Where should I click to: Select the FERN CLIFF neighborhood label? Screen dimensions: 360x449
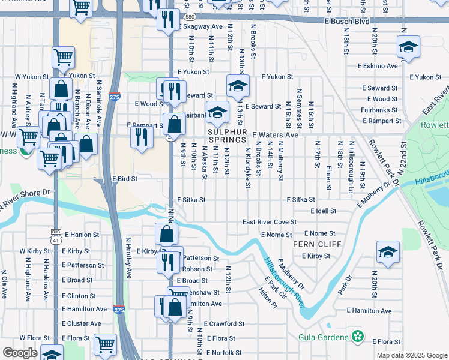point(317,244)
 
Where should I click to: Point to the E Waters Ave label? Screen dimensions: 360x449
point(275,135)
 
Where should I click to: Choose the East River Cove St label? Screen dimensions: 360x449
point(270,222)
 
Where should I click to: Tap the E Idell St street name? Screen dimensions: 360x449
point(324,211)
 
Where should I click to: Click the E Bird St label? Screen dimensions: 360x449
point(125,179)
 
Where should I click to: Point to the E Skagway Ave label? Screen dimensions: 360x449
point(203,27)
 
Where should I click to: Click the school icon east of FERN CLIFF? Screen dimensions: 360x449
point(388,252)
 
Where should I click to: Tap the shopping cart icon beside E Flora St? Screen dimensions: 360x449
point(105,344)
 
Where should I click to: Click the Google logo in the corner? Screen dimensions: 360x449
point(20,353)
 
